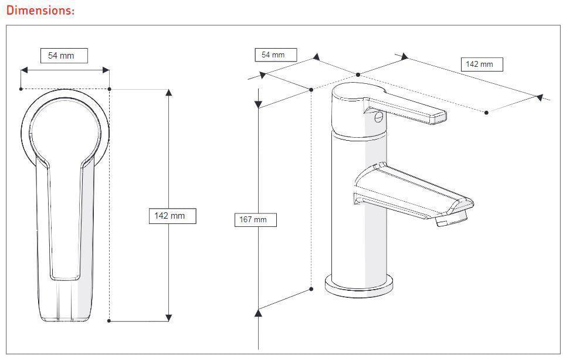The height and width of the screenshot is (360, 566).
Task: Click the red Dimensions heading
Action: pyautogui.click(x=40, y=11)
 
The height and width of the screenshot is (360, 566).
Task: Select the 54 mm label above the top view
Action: pyautogui.click(x=64, y=56)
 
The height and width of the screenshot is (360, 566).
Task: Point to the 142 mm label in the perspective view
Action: pyautogui.click(x=482, y=64)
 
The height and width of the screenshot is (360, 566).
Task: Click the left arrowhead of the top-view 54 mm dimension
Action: pyautogui.click(x=25, y=70)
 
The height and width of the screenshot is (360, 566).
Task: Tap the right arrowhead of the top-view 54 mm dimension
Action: pyautogui.click(x=106, y=70)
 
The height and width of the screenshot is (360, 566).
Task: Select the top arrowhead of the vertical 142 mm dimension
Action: pyautogui.click(x=169, y=93)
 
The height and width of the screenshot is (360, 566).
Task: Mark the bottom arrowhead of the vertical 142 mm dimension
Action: pyautogui.click(x=169, y=317)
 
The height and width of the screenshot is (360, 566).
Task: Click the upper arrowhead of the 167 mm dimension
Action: pyautogui.click(x=257, y=104)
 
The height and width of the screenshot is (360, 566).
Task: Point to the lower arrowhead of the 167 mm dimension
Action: pyautogui.click(x=257, y=313)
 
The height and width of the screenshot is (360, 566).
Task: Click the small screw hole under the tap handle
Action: pyautogui.click(x=379, y=117)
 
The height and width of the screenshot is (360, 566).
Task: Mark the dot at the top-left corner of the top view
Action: pyautogui.click(x=21, y=89)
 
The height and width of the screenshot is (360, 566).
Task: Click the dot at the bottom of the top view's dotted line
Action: pyautogui.click(x=110, y=321)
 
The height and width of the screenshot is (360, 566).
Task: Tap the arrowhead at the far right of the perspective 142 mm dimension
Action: pyautogui.click(x=539, y=97)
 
